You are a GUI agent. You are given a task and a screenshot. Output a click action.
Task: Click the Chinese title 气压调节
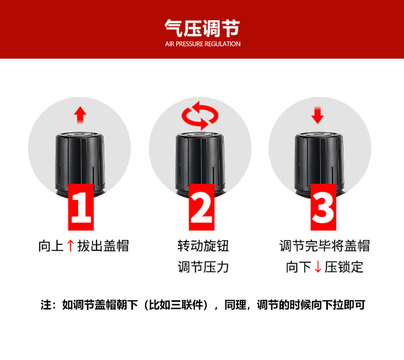click(203, 28)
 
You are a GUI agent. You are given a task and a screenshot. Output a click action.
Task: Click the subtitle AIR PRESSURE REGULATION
click(203, 44)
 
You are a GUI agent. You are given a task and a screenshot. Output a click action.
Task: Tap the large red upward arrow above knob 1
click(80, 115)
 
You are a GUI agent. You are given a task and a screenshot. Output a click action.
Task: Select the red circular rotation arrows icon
click(200, 115)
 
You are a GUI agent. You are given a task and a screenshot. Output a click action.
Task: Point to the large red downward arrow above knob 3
click(318, 115)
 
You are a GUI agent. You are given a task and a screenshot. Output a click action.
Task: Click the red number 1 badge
click(81, 207)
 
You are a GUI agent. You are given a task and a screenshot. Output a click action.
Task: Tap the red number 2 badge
click(201, 207)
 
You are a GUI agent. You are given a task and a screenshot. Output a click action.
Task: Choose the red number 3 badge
click(323, 207)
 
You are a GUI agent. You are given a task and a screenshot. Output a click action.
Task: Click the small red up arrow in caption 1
click(70, 246)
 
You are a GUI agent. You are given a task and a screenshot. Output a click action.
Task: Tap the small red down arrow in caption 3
click(318, 266)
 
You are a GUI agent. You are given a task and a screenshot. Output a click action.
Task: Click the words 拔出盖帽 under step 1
click(103, 246)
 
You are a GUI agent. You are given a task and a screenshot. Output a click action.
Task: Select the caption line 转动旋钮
click(204, 246)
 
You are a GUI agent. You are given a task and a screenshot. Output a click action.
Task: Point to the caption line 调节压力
click(204, 266)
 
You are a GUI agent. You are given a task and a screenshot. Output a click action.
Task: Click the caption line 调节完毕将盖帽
click(325, 246)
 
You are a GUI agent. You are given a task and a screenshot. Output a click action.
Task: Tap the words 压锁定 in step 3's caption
click(344, 266)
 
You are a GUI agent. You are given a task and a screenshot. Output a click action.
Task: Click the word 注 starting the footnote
click(46, 305)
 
